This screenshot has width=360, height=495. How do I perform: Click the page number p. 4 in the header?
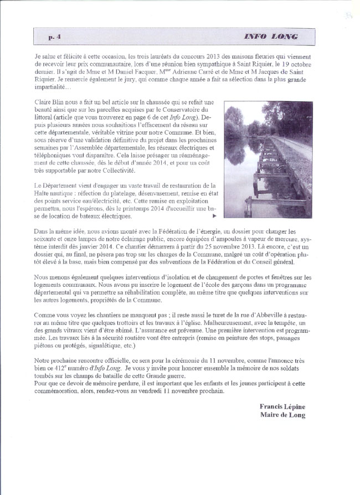(54, 37)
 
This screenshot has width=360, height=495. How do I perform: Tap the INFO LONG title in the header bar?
(271, 37)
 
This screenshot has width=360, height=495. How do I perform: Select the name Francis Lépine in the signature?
(282, 407)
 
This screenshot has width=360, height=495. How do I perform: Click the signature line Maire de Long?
(282, 415)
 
